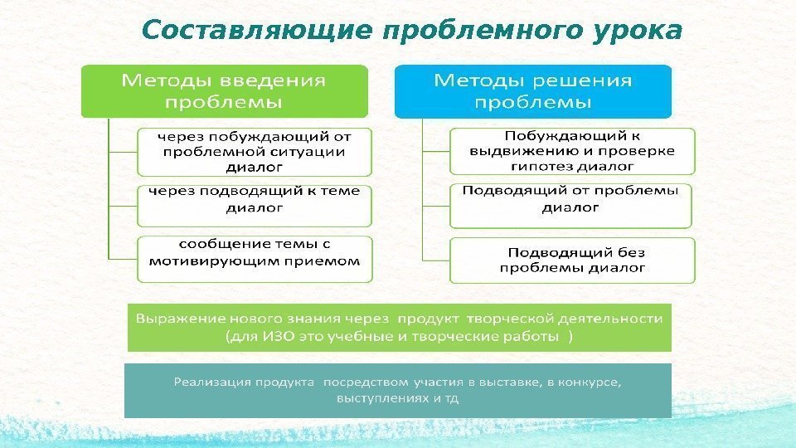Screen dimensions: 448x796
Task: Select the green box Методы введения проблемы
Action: pyautogui.click(x=223, y=91)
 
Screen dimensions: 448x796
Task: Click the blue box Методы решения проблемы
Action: pyautogui.click(x=532, y=91)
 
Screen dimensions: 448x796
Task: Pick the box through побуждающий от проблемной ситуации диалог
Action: pyautogui.click(x=254, y=151)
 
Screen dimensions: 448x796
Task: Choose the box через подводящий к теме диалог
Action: pyautogui.click(x=254, y=205)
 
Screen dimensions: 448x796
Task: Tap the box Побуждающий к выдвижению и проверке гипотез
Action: pyautogui.click(x=572, y=150)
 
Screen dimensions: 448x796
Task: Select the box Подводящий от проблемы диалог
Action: pyautogui.click(x=570, y=205)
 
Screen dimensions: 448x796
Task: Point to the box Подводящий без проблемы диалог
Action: pyautogui.click(x=572, y=260)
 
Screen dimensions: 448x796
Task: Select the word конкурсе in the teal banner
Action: pyautogui.click(x=590, y=382)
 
